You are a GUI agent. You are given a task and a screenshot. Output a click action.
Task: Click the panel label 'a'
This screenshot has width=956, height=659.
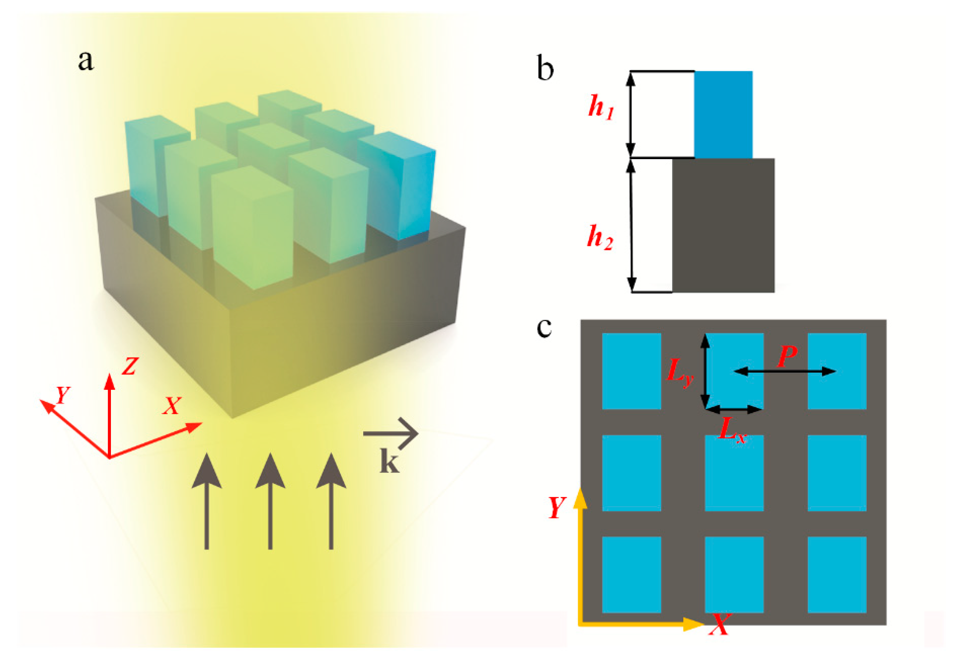(x=86, y=61)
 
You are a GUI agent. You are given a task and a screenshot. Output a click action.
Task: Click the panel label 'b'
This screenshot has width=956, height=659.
(x=545, y=69)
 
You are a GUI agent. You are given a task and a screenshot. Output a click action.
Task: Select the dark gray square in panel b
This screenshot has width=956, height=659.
(x=723, y=225)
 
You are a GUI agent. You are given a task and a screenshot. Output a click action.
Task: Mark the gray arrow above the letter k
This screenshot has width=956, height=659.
(x=391, y=434)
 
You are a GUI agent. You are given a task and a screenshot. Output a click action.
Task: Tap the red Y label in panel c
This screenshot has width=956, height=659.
(x=556, y=507)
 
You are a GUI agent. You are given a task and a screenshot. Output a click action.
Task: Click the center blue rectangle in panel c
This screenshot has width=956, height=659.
(x=734, y=472)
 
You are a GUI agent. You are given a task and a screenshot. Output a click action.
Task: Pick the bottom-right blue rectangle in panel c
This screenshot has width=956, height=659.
(x=837, y=574)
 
